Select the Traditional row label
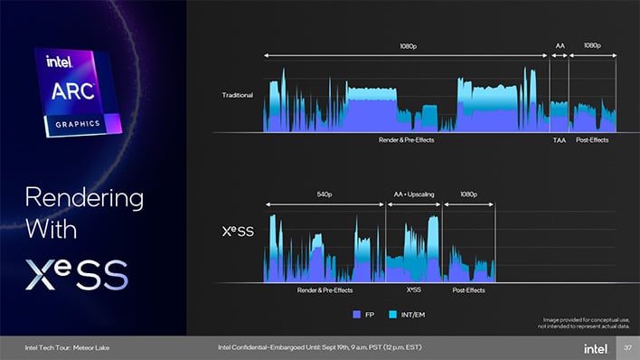pyautogui.click(x=238, y=95)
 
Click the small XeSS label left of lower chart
pyautogui.click(x=239, y=231)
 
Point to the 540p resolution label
pyautogui.click(x=327, y=194)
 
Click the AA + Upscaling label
pyautogui.click(x=414, y=194)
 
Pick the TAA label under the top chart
pyautogui.click(x=559, y=140)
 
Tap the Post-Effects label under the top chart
pyautogui.click(x=592, y=140)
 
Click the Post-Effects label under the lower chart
pyautogui.click(x=468, y=289)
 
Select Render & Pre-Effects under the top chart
pyautogui.click(x=406, y=140)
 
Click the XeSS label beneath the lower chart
pyautogui.click(x=414, y=289)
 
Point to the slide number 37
pyautogui.click(x=626, y=347)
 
